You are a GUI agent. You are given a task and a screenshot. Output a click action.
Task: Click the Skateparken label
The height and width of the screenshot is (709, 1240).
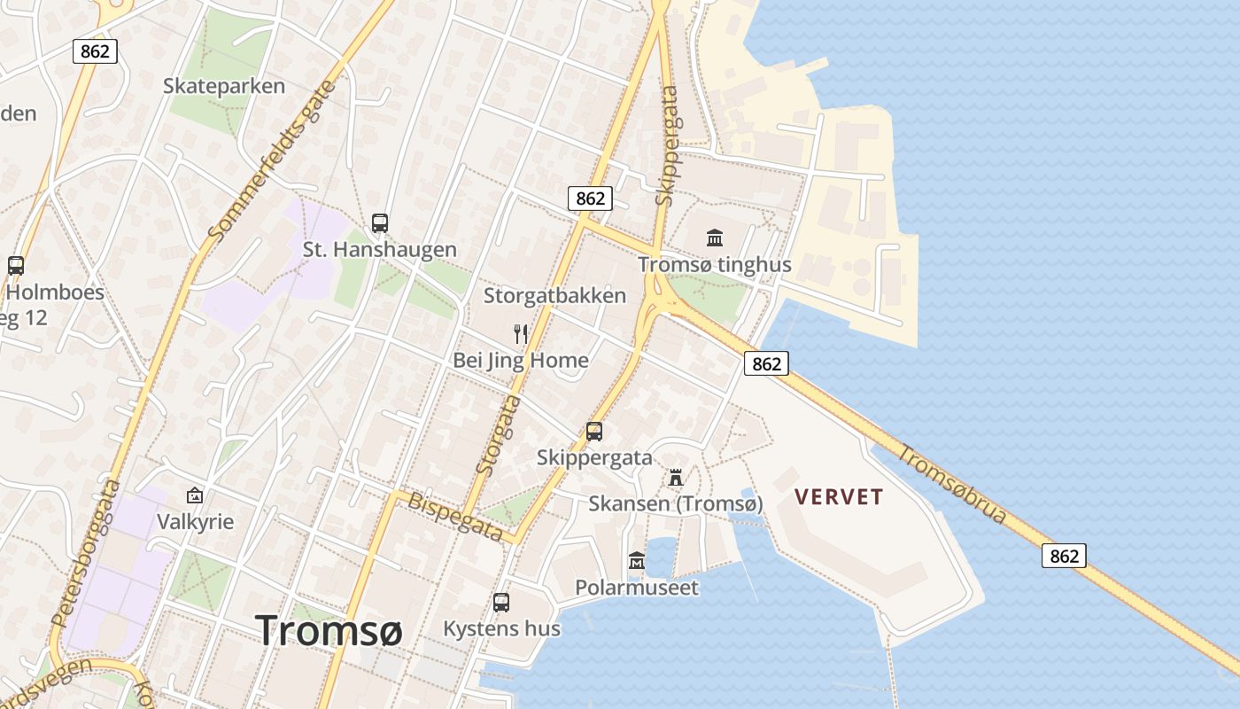tap(224, 86)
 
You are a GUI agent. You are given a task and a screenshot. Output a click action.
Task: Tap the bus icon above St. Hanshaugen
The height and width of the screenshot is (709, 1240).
tap(380, 222)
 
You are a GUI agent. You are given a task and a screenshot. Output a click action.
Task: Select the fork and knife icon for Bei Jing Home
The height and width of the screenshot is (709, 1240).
tap(521, 333)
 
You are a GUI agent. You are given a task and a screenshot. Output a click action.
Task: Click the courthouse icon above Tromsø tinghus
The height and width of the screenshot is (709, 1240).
tap(715, 238)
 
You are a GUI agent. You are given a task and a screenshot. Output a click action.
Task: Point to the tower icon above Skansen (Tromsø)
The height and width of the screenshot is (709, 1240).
tap(676, 478)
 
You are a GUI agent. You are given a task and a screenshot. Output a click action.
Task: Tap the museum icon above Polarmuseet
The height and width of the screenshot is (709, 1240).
tap(637, 560)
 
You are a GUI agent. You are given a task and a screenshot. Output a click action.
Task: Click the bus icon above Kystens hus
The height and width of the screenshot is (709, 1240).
tap(501, 603)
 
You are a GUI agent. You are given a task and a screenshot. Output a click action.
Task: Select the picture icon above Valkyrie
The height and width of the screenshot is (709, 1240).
tap(195, 495)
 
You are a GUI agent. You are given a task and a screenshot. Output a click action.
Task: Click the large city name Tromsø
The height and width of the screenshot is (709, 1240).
tap(329, 630)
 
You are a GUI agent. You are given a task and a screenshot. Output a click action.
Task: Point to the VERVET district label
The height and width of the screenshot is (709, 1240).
tap(839, 496)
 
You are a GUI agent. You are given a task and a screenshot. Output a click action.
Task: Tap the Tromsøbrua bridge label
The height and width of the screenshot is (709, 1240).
tap(952, 483)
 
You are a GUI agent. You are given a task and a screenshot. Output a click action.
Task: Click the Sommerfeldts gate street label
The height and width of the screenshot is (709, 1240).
tap(274, 160)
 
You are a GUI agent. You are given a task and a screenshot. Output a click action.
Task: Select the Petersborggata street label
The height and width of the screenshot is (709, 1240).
tap(86, 553)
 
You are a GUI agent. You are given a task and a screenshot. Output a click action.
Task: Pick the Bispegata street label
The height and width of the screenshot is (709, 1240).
tap(455, 517)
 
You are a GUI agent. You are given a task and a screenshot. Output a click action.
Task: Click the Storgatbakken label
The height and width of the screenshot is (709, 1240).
tap(554, 296)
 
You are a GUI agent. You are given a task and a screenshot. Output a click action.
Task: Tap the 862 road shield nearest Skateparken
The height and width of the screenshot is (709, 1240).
tap(95, 51)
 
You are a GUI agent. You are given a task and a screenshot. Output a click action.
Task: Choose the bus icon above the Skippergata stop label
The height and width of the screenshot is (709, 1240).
tap(594, 432)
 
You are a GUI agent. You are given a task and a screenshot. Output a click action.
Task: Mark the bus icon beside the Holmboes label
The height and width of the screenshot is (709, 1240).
tap(16, 265)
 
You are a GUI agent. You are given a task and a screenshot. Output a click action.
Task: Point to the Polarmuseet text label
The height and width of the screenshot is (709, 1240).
tap(637, 587)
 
